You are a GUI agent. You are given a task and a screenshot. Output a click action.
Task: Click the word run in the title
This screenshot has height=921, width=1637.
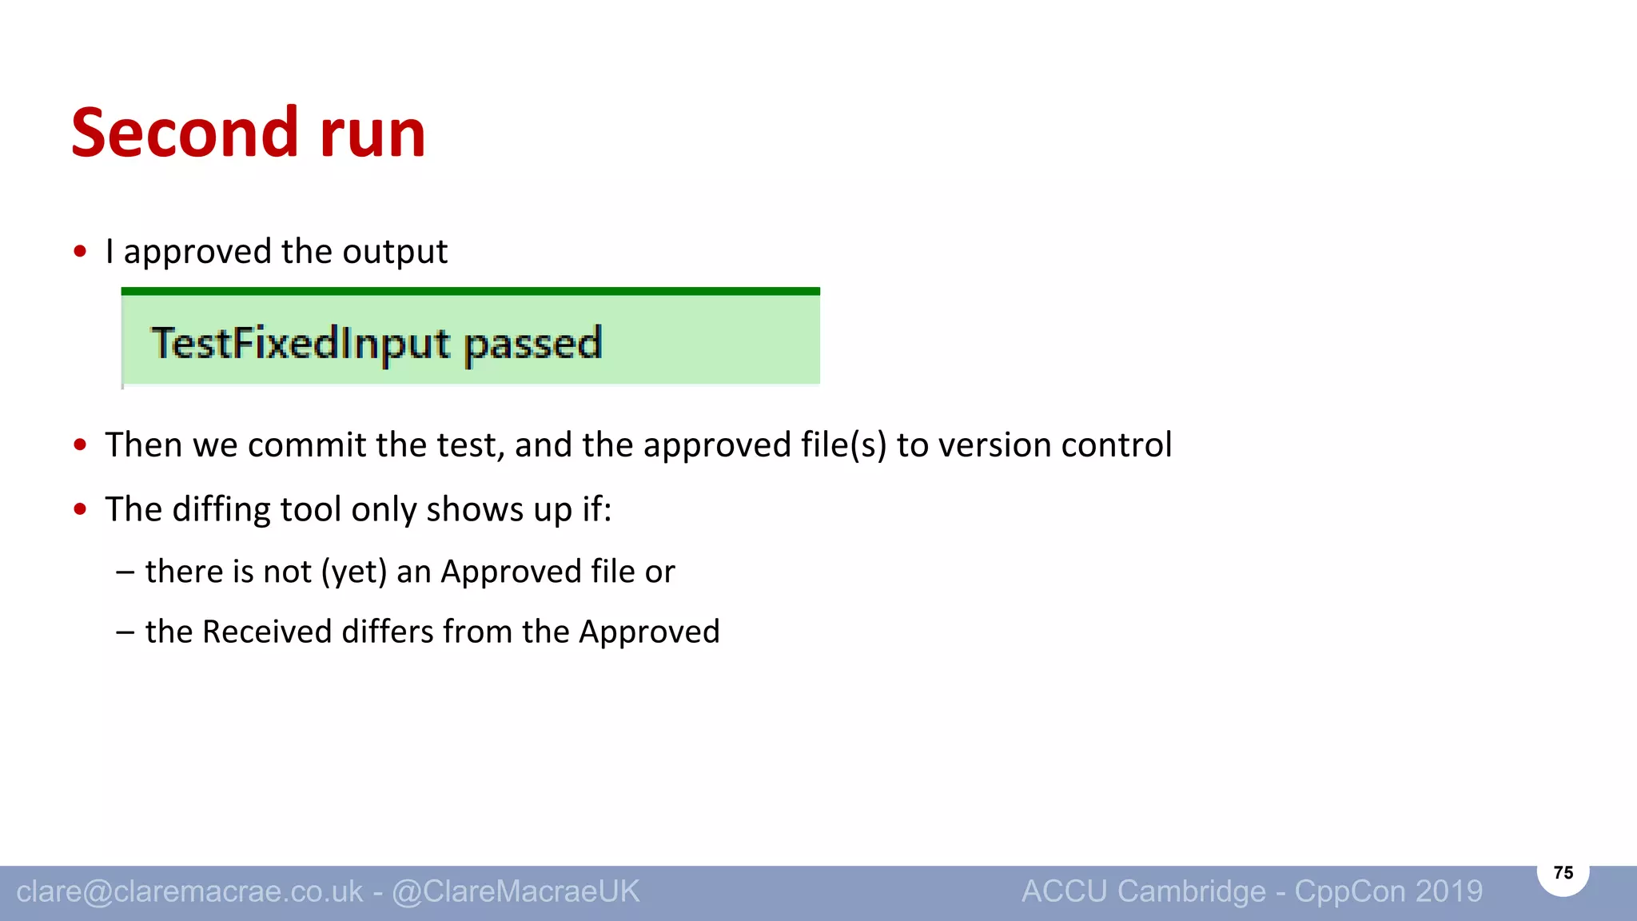372,134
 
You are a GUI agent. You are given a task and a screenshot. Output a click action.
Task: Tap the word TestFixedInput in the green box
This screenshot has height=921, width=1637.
301,344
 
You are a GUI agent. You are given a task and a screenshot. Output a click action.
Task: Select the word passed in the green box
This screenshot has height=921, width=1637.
532,344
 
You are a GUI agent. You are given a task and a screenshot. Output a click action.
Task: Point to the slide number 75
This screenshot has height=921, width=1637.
1563,872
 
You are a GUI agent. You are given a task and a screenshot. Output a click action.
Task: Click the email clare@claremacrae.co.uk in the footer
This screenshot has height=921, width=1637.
189,891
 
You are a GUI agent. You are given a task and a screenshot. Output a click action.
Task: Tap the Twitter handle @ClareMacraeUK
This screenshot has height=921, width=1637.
516,891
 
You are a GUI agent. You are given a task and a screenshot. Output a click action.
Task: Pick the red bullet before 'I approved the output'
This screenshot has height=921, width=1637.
80,252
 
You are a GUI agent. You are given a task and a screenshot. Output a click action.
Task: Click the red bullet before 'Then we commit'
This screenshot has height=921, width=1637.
80,445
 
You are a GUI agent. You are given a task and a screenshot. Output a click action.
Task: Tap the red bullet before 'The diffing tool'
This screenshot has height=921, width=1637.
80,509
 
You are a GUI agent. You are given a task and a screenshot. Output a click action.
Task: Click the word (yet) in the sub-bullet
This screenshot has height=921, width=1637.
354,572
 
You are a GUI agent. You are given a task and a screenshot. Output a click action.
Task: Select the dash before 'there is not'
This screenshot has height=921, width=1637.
125,572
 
